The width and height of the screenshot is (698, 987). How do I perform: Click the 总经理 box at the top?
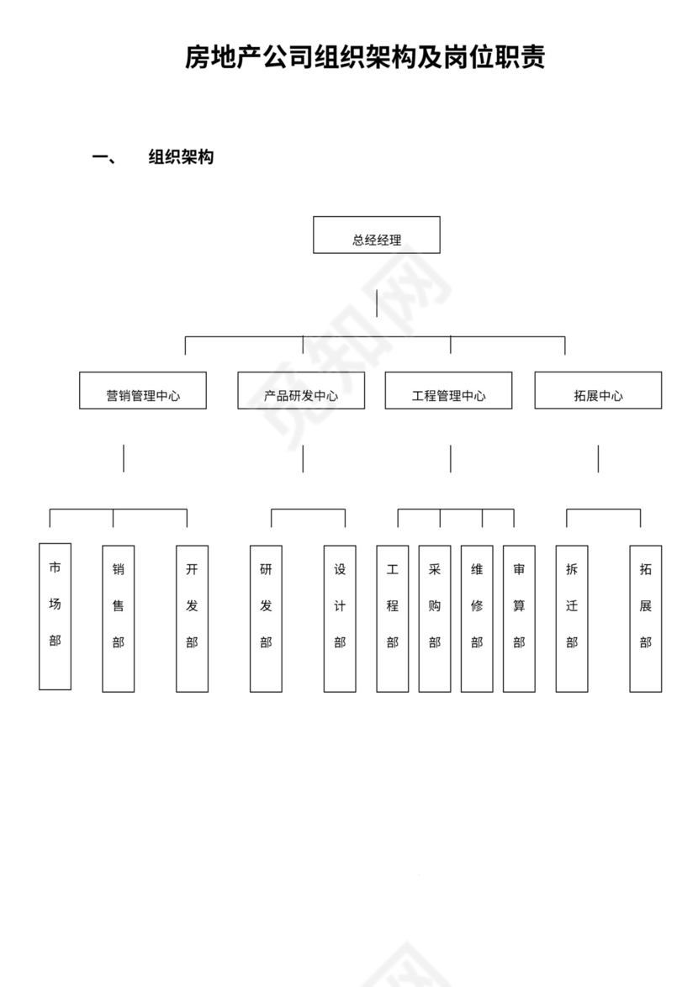point(376,235)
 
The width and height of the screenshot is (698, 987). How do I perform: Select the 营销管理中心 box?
point(143,391)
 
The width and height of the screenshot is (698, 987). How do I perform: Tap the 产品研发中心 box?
point(301,391)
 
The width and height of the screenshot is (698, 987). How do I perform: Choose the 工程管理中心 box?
point(448,391)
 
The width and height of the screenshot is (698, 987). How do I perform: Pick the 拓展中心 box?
point(598,391)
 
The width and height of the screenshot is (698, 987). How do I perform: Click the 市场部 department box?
point(55,616)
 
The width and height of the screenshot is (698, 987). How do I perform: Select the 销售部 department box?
point(119,619)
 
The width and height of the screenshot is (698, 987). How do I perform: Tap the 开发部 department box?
point(192,619)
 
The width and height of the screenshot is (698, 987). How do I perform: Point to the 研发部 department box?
point(266,619)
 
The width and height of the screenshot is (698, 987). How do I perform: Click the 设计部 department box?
point(340,619)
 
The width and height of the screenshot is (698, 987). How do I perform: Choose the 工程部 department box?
point(393,619)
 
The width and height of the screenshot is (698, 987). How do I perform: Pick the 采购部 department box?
point(435,619)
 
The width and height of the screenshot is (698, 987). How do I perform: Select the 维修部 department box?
point(477,619)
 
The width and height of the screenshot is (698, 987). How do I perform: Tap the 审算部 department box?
point(519,619)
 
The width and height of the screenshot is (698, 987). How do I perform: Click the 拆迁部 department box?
point(572,619)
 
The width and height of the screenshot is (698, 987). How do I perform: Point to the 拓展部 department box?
point(646,619)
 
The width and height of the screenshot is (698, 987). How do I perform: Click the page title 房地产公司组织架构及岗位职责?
point(365,58)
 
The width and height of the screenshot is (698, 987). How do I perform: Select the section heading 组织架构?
point(181,157)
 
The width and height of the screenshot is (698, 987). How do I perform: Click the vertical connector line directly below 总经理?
point(377,303)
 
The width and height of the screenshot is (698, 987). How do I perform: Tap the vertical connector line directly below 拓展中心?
point(598,458)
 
